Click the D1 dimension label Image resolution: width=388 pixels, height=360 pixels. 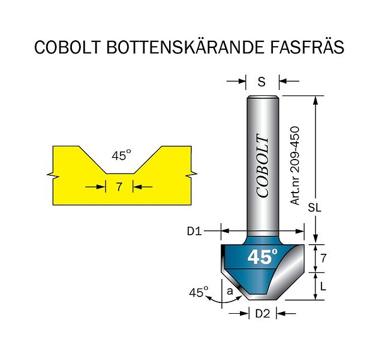click(x=194, y=230)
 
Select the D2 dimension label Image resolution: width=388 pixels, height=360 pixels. click(x=263, y=313)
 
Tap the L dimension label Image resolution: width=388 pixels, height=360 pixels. click(x=323, y=287)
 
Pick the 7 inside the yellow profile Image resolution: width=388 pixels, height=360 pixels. click(x=119, y=187)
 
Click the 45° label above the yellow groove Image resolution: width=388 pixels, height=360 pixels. click(x=121, y=156)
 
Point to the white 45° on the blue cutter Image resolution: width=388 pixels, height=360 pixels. click(x=262, y=257)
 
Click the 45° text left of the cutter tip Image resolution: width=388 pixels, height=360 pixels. click(x=198, y=293)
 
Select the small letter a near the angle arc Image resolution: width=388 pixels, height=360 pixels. click(x=229, y=291)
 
